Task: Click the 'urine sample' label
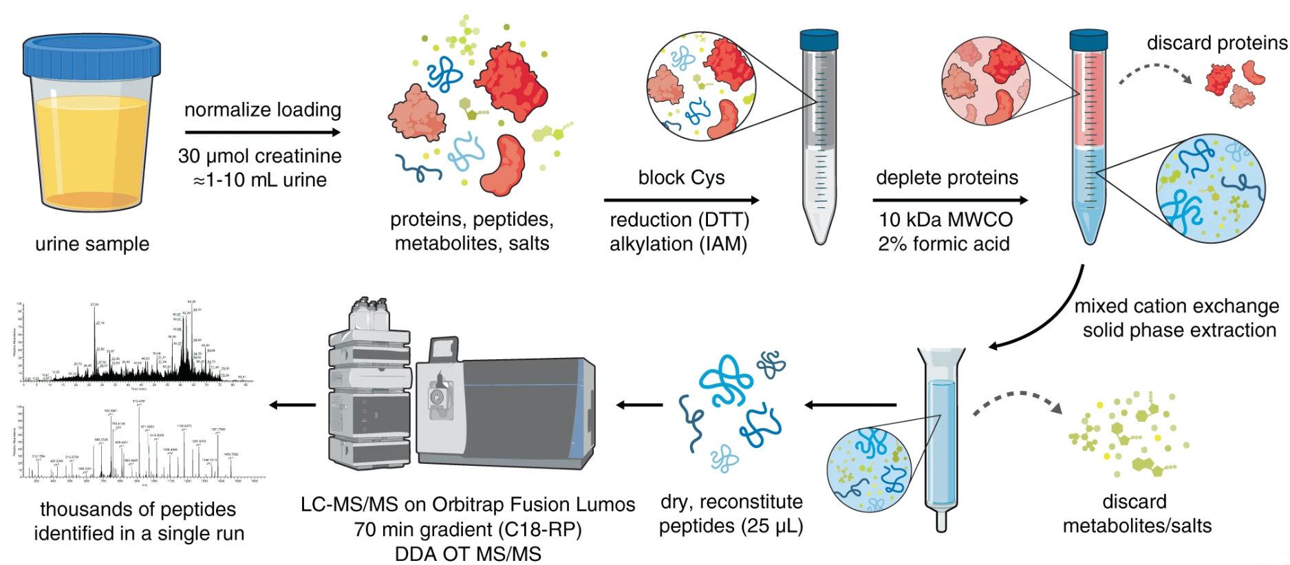(x=92, y=244)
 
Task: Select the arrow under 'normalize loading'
(x=262, y=132)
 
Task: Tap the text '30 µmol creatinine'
(x=259, y=156)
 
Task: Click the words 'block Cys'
(x=681, y=178)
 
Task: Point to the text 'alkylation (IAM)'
(x=678, y=244)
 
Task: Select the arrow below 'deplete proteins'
(x=949, y=200)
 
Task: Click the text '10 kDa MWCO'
(x=945, y=220)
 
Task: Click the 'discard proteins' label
(x=1216, y=43)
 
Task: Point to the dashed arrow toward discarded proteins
(x=1156, y=72)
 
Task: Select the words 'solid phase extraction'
(x=1179, y=330)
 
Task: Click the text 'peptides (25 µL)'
(x=731, y=526)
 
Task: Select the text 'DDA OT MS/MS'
(x=468, y=554)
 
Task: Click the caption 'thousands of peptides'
(x=138, y=509)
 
